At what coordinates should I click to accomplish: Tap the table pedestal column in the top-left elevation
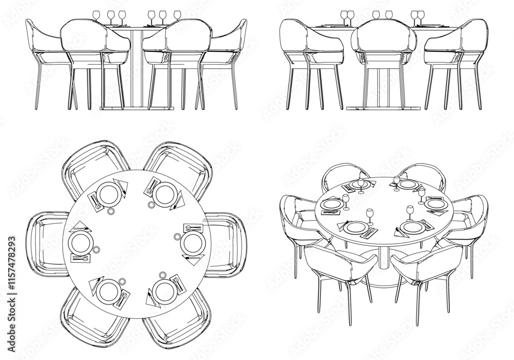tap(136, 67)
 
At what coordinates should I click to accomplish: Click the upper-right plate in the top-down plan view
tap(164, 194)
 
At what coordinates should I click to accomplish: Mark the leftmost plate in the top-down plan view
tap(80, 242)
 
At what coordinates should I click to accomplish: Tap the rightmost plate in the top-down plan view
tap(193, 241)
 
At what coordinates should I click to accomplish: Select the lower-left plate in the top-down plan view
tap(108, 291)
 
